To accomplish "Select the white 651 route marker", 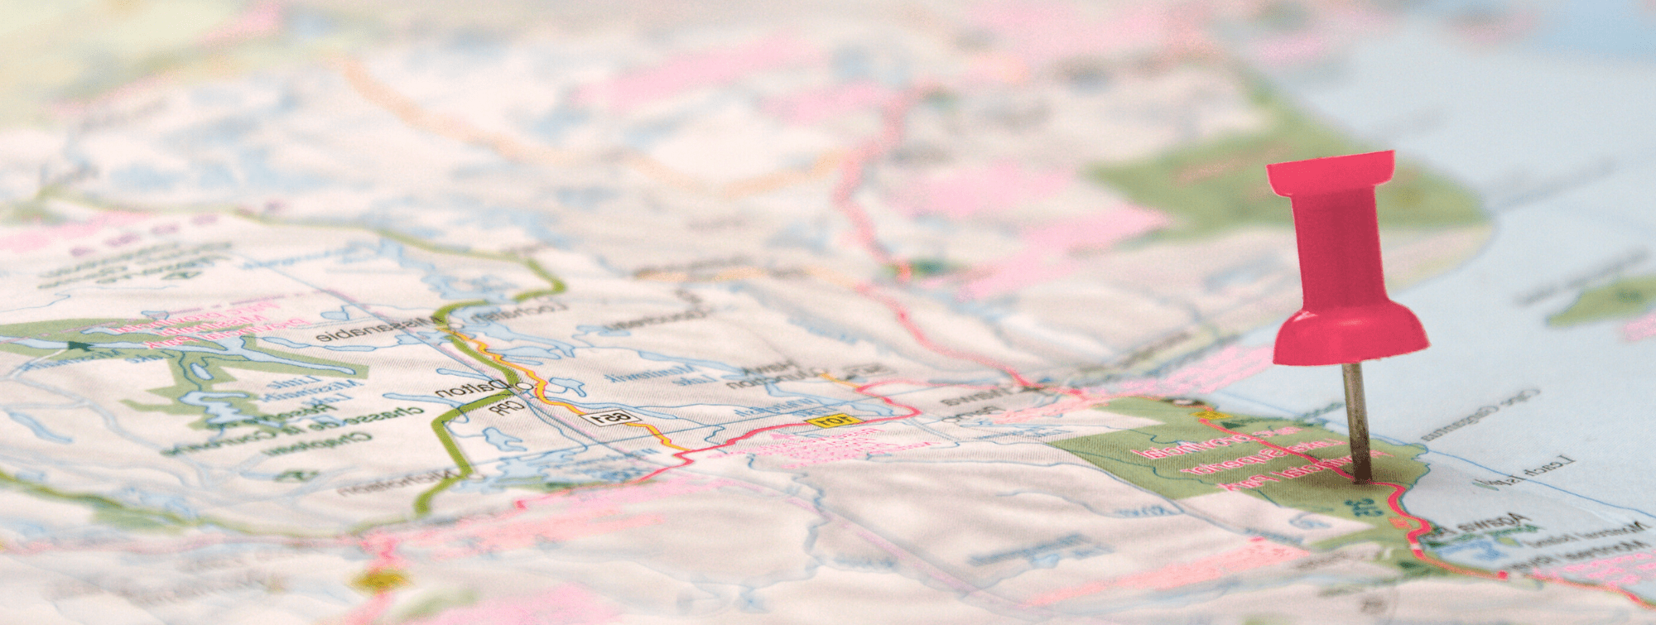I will (611, 417).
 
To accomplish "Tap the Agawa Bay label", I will (1490, 526).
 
